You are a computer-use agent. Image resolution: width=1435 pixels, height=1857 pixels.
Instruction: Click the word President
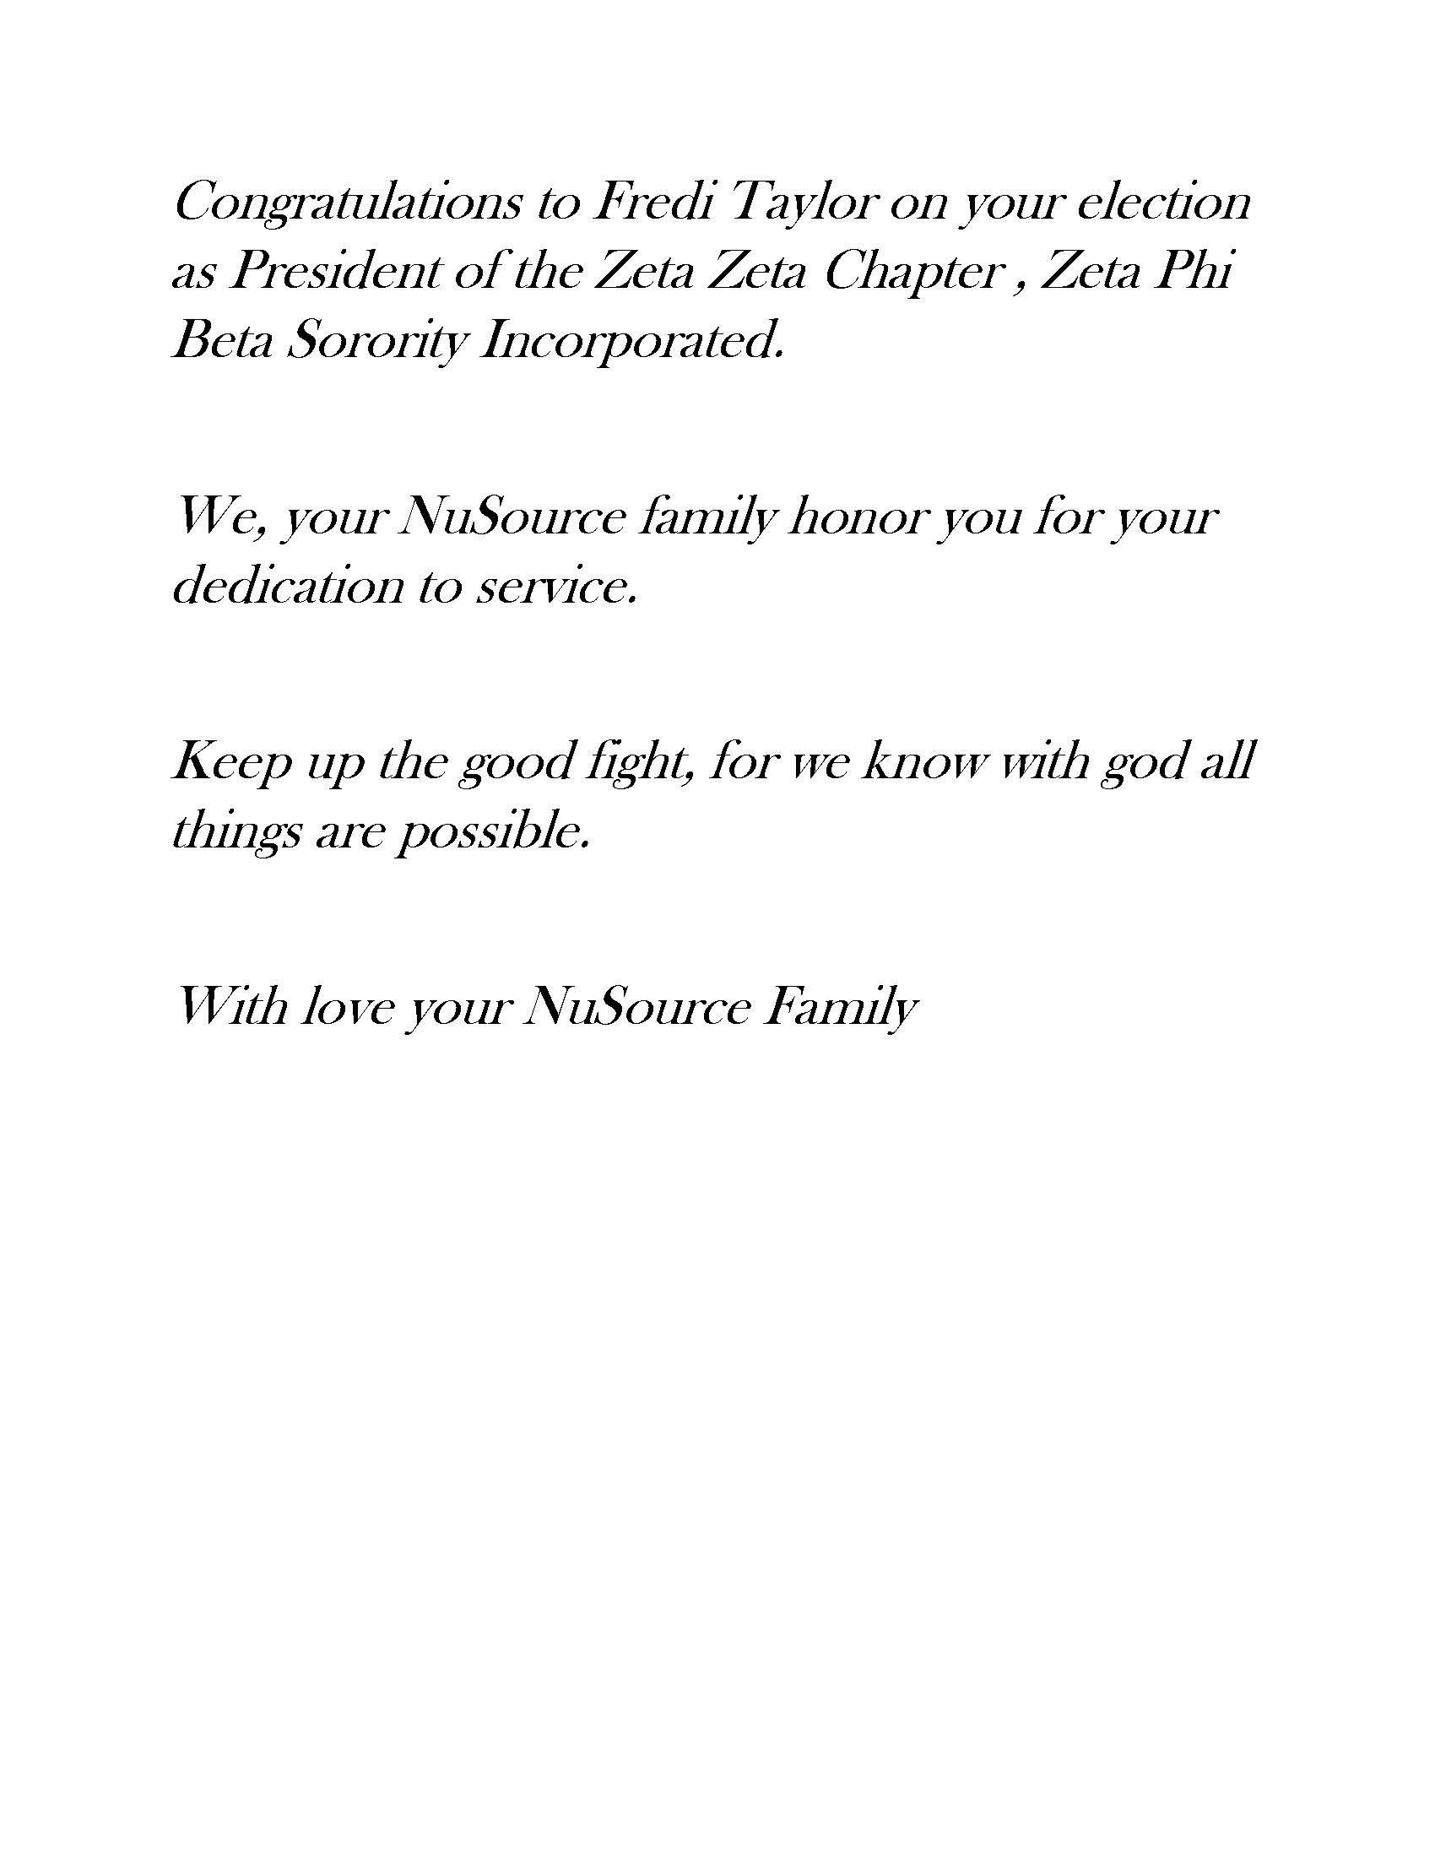(335, 272)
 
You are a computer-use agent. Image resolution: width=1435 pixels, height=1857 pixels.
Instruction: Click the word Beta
(223, 342)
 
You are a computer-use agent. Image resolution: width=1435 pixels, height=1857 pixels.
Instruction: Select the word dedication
(286, 587)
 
